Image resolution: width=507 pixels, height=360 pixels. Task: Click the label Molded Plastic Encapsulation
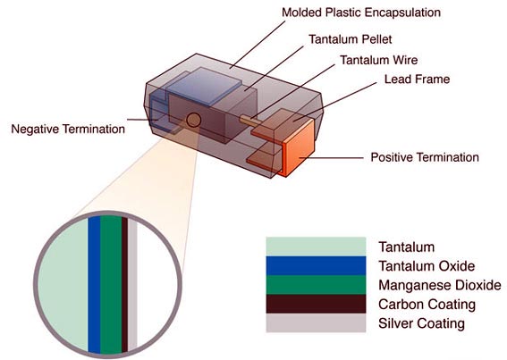(361, 13)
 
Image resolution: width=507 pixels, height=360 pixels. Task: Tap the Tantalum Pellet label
(351, 39)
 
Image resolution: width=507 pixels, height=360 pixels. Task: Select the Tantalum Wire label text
(378, 60)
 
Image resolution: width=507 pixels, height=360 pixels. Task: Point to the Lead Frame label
(417, 80)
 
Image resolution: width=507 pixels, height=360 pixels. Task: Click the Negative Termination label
(68, 129)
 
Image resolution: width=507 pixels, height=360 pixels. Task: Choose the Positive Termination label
(425, 157)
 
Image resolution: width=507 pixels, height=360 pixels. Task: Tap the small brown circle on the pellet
(193, 120)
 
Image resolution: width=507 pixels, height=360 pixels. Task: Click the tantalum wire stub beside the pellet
(249, 121)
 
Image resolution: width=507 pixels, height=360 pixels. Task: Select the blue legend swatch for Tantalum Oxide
(316, 265)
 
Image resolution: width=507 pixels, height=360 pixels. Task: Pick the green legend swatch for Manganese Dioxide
(316, 285)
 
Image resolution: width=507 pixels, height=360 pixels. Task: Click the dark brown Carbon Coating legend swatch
(316, 304)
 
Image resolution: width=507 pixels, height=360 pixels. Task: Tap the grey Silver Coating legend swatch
(316, 322)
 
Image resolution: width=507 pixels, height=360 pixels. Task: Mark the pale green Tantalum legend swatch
(316, 247)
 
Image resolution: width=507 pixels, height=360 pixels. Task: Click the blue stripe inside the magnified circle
(94, 284)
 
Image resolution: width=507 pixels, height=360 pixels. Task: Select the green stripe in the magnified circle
(111, 284)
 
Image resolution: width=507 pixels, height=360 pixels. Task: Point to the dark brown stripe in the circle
(125, 284)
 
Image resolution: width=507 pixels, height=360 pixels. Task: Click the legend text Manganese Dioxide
(440, 285)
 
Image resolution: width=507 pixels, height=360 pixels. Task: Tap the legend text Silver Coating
(422, 323)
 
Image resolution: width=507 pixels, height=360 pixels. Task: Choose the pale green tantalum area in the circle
(63, 284)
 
